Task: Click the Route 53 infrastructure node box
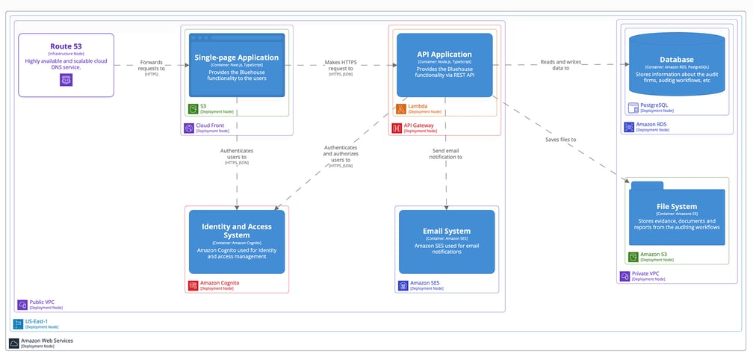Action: [66, 64]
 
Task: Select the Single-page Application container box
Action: [237, 64]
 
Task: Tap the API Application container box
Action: [444, 64]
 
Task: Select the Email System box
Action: [447, 241]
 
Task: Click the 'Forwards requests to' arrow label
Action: [152, 67]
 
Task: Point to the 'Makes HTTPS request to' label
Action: [341, 67]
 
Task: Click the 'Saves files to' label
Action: [560, 140]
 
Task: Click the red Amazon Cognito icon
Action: [193, 285]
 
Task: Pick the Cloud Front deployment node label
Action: [211, 128]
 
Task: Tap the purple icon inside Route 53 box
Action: [65, 79]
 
